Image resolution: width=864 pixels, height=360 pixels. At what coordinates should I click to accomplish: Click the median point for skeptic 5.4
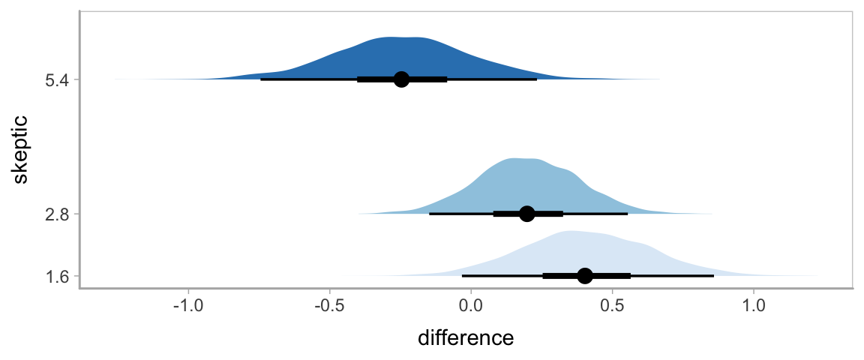point(401,79)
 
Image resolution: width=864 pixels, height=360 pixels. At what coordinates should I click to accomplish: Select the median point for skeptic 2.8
point(526,214)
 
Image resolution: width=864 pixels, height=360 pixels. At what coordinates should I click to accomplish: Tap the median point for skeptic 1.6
point(585,276)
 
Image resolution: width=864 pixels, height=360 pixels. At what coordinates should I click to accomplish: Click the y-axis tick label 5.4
point(57,79)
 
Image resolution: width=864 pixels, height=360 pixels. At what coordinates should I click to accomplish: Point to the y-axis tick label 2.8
point(57,214)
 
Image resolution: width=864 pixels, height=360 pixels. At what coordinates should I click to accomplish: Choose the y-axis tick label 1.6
point(57,276)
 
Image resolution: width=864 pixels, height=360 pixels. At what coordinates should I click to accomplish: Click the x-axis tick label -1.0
point(187,306)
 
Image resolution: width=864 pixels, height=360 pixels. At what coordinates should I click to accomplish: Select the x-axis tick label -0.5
point(329,306)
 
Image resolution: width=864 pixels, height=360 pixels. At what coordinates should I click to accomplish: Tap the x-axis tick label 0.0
point(471,306)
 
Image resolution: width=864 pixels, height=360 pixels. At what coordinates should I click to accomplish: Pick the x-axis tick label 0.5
point(612,306)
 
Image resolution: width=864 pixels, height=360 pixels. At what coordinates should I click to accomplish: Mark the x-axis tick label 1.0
point(754,306)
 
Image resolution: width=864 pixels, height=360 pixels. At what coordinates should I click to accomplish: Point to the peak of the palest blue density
point(571,232)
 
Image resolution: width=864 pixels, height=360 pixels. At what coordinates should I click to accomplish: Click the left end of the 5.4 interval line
point(261,79)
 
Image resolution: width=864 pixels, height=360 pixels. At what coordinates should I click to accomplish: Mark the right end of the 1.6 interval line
point(714,276)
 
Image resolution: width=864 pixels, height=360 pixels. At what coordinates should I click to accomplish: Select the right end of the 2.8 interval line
point(627,214)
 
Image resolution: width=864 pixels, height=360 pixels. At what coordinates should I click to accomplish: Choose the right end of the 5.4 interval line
point(537,79)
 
